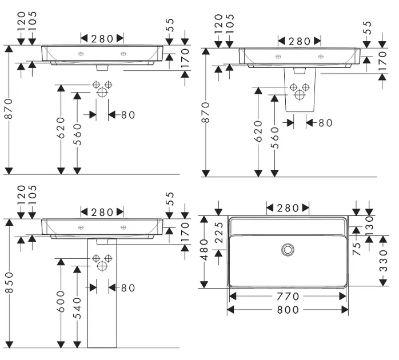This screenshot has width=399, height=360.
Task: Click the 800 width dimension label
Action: (288, 309)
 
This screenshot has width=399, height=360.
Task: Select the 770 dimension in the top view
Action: (288, 296)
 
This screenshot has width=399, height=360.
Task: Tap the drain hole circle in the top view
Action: (288, 249)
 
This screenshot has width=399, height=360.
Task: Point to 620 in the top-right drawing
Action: (258, 131)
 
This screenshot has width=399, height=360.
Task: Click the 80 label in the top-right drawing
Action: (325, 123)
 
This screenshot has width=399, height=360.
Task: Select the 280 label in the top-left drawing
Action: (101, 38)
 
